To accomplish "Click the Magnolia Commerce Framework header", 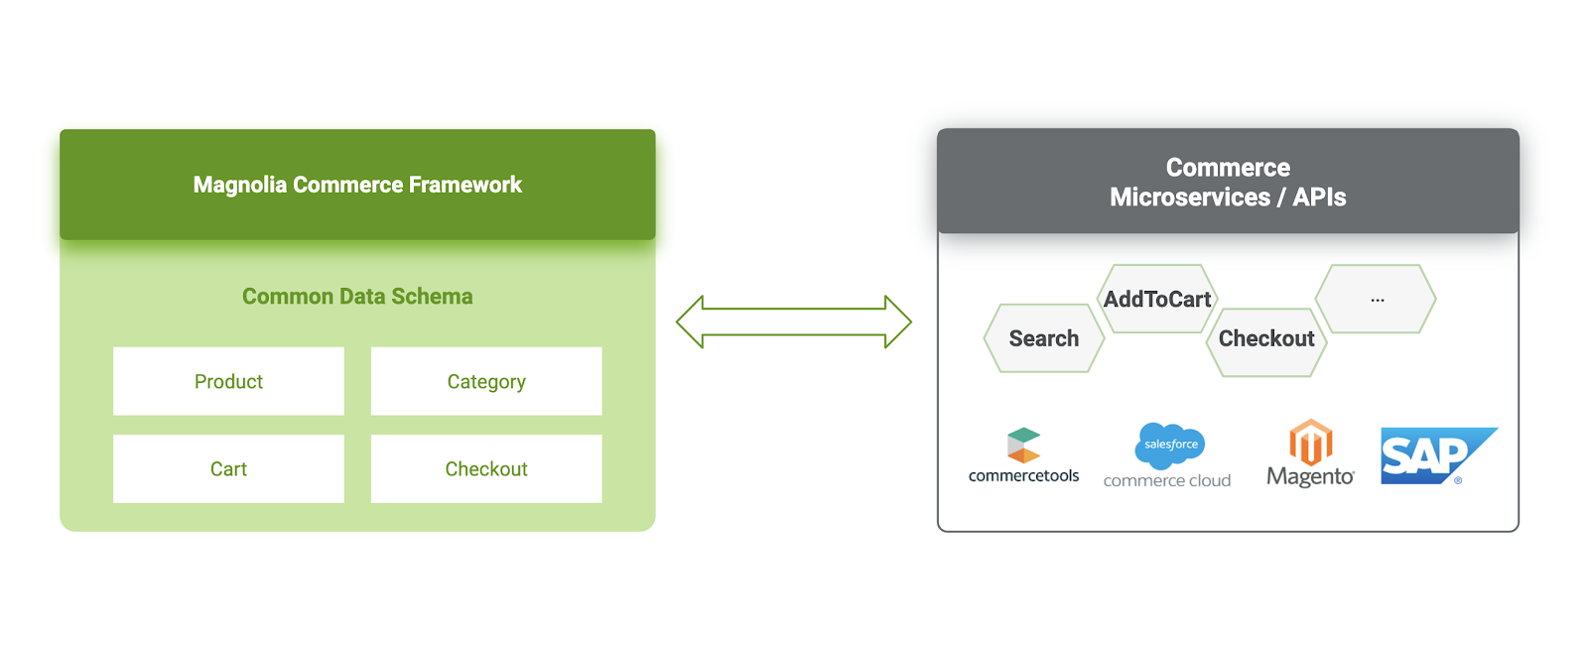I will point(357,185).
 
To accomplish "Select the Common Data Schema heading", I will point(357,297).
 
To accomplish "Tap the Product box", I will point(228,381).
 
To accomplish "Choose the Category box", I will point(486,381).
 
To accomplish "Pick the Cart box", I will point(228,468).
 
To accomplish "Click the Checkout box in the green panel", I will point(486,468).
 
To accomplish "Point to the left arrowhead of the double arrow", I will point(691,322).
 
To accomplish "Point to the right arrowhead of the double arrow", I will point(897,322).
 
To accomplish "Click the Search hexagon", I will point(1044,338).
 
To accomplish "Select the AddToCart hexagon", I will point(1157,299).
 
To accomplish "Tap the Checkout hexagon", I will point(1266,338).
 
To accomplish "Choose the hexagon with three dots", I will point(1377,299).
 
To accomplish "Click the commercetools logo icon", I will point(1023,446).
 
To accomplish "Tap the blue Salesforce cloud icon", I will point(1170,445).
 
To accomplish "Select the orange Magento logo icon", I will point(1310,442).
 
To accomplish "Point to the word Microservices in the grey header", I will point(1189,197).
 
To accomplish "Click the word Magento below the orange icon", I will point(1310,477).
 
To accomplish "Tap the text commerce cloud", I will point(1167,481).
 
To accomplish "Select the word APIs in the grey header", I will point(1319,197).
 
